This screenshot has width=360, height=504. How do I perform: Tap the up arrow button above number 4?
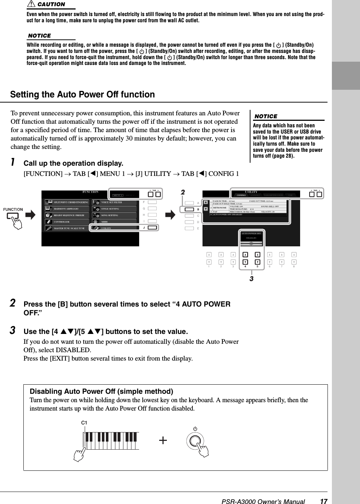245,255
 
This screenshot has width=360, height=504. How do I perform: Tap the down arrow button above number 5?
257,262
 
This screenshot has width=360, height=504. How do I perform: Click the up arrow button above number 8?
294,255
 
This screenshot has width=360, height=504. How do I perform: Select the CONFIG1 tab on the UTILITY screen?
241,195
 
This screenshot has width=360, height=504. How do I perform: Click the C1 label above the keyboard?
84,423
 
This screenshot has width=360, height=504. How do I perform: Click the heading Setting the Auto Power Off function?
83,95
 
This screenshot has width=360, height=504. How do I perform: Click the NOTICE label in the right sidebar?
265,116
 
